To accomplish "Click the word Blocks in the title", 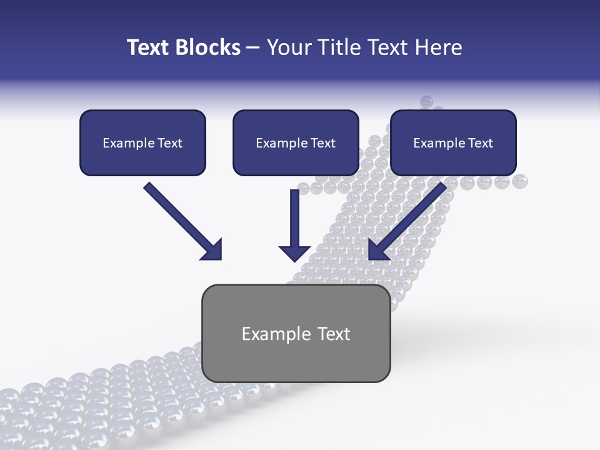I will pos(209,47).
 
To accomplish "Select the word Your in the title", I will pos(288,47).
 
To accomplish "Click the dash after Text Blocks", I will pos(253,48).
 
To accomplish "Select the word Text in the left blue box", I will pos(170,143).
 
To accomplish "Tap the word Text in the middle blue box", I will pos(323,143).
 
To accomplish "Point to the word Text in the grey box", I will pos(334,334).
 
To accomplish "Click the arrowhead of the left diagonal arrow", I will pos(212,250).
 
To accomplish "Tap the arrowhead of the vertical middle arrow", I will pos(294,253).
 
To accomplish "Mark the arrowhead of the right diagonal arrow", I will pos(377,250).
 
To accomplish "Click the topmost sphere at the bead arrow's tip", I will pos(426,101).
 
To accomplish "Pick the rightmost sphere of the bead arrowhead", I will pos(520,182).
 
